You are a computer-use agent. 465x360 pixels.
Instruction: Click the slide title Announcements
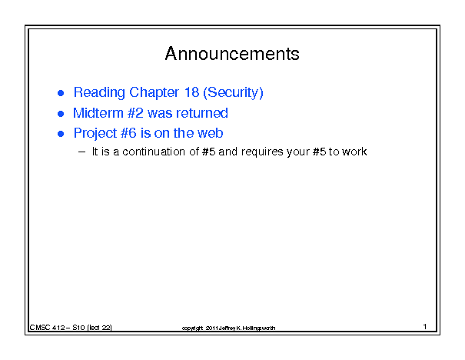click(232, 54)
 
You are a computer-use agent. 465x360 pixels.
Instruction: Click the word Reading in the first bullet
click(99, 93)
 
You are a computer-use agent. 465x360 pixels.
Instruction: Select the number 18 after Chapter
click(191, 92)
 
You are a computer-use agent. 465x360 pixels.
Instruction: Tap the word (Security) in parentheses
click(233, 93)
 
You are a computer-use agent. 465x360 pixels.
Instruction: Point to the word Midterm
click(98, 113)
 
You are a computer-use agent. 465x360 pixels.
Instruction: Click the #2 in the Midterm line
click(135, 113)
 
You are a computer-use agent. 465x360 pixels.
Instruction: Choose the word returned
click(202, 113)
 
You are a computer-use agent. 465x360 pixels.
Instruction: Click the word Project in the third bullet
click(95, 134)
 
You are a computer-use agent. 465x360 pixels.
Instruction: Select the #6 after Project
click(128, 133)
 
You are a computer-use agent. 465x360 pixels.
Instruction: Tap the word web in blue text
click(211, 133)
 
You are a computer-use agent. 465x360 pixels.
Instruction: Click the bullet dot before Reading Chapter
click(61, 93)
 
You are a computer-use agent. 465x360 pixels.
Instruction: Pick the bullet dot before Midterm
click(61, 114)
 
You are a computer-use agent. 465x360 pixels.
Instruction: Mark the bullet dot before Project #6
click(61, 134)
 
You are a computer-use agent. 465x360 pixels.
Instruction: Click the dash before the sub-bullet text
click(81, 152)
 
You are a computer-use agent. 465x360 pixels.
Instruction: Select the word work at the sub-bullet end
click(354, 152)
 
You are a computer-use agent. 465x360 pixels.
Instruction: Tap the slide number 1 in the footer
click(425, 326)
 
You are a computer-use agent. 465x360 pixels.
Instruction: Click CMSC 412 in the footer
click(47, 328)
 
